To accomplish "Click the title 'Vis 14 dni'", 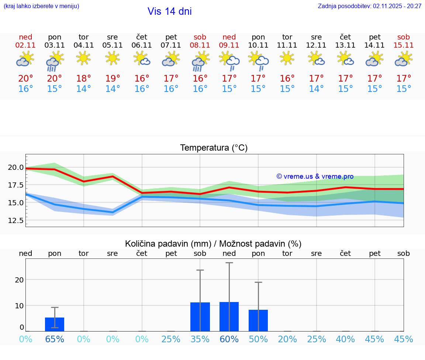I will coord(169,11).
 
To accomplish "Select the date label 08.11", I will coord(200,45).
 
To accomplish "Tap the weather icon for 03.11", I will coord(55,61).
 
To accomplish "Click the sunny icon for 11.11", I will coord(287,58).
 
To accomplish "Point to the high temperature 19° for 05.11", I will coord(113,79).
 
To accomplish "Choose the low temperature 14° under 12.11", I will coord(316,89).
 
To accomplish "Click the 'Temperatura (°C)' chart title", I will coord(214,148).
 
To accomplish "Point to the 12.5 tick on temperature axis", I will coord(15,220).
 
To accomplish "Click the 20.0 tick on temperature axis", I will coord(15,167).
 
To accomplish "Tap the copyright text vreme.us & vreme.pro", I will coord(315,176).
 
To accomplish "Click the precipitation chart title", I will coord(213,244).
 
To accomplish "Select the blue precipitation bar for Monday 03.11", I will coord(55,324).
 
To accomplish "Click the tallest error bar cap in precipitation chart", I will coord(229,263).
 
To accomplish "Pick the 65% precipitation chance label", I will coord(55,339).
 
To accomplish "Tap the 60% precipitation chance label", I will coord(229,339).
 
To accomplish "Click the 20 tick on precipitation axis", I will coord(19,280).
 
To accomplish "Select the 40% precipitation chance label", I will coord(345,339).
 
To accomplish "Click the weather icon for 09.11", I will coord(229,61).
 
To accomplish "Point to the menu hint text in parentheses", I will coord(41,6).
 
